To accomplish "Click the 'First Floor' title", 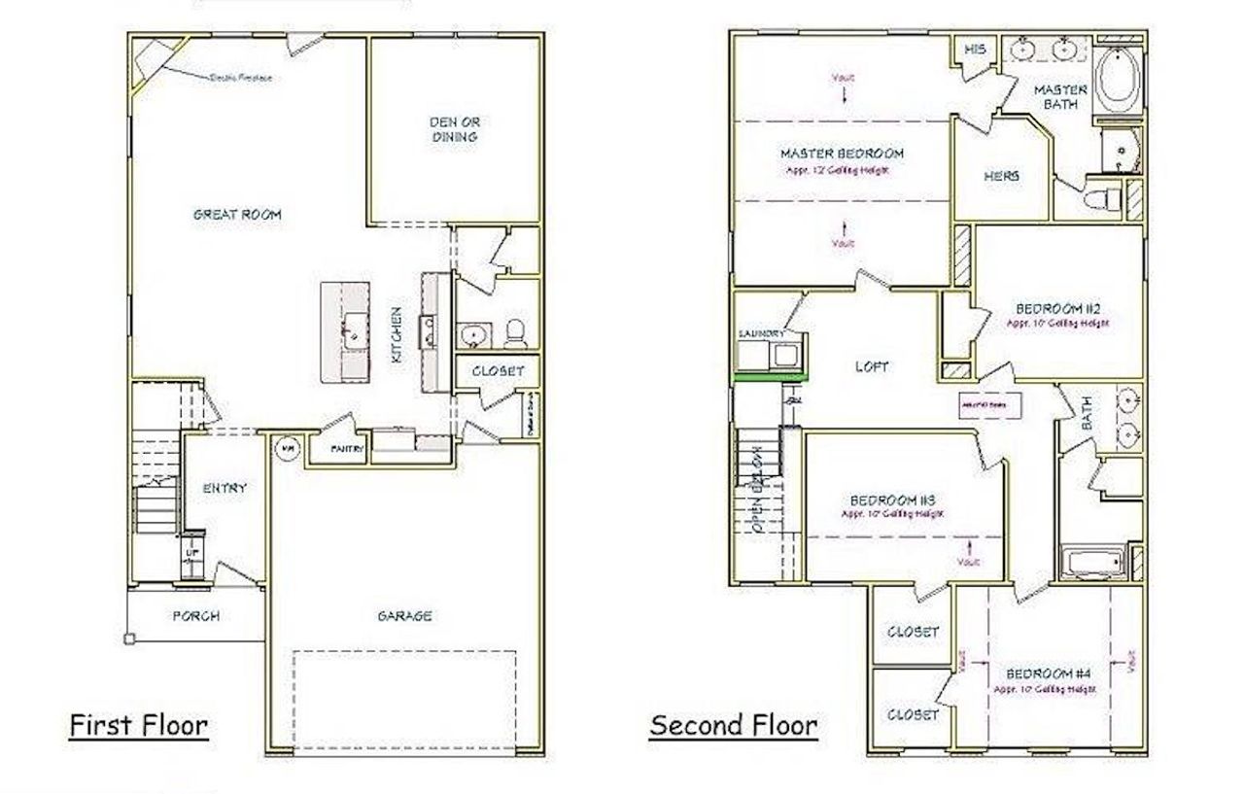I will pos(138,725).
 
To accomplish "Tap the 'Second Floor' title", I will pos(733,725).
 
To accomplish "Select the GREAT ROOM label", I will pos(236,215).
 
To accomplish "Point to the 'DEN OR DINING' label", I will pos(454,129).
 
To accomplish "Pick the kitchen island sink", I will pos(352,331).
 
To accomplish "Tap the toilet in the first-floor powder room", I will pos(517,333).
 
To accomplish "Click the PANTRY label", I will pos(347,449).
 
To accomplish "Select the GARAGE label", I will pos(404,615).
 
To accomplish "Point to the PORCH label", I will pos(195,615).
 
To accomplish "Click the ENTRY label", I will pos(225,488).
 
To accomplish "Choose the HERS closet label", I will pos(1001,177).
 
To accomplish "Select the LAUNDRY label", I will pos(761,333).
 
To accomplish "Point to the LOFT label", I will pos(871,366).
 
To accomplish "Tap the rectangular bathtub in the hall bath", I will pos(1092,563).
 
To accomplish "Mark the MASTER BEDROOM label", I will pos(842,154).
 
